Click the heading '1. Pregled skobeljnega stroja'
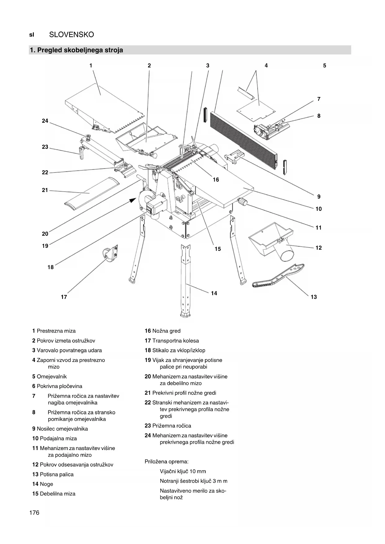coord(76,50)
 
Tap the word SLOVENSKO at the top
coord(71,35)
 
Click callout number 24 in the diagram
coord(45,121)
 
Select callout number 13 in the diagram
coord(314,297)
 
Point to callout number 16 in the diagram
coord(216,180)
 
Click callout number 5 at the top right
coord(325,66)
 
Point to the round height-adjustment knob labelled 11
coord(242,203)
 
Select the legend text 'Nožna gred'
coord(166,331)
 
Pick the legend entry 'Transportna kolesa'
coord(176,341)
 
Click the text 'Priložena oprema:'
coord(167,462)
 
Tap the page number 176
coord(34,513)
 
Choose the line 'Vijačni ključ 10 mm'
coord(183,471)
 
